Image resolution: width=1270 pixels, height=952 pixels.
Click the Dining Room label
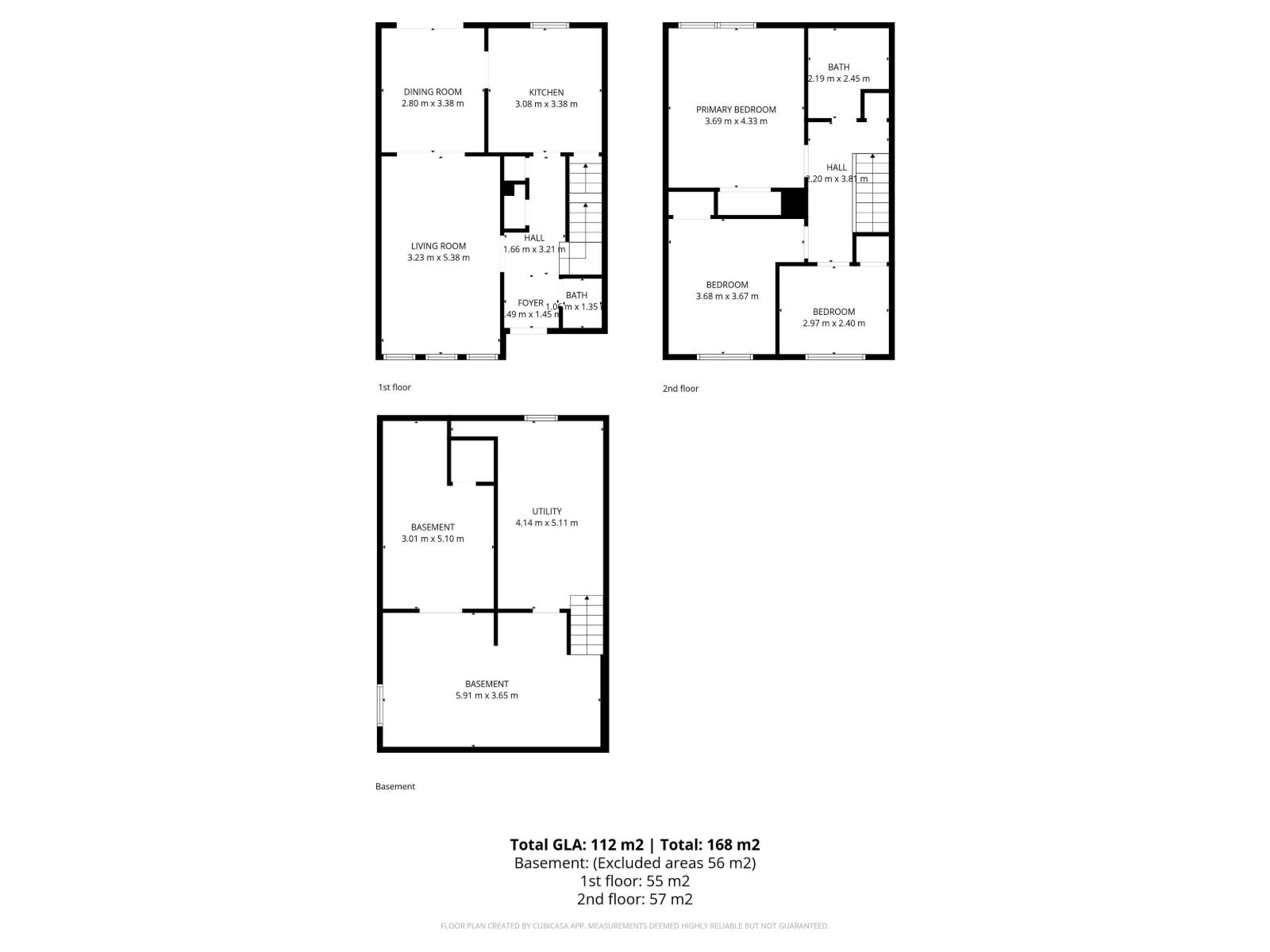(x=433, y=92)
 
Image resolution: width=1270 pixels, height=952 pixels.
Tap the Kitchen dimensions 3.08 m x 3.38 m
(x=546, y=104)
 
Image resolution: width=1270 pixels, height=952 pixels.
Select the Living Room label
(x=438, y=246)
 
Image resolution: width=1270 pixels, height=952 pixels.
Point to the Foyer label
(x=530, y=303)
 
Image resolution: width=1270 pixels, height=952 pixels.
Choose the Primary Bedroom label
(x=736, y=109)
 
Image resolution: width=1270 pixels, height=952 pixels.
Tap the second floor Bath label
(x=838, y=67)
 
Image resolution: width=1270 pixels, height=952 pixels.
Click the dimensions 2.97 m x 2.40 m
(x=833, y=323)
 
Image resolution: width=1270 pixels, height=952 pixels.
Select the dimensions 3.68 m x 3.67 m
(x=726, y=296)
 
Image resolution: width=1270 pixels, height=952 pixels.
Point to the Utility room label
(x=547, y=511)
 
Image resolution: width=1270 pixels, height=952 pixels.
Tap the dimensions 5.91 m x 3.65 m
(x=487, y=696)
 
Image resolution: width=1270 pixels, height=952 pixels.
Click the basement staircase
(x=586, y=624)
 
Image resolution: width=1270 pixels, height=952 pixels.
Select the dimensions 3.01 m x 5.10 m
(x=433, y=539)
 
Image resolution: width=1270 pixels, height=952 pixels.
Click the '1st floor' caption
(x=394, y=387)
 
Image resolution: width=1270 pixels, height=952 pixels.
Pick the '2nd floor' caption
(x=680, y=389)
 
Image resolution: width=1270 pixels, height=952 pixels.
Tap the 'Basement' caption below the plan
(x=395, y=786)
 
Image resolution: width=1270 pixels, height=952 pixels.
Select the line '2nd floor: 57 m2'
(x=634, y=899)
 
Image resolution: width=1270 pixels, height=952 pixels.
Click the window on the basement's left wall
(x=380, y=704)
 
